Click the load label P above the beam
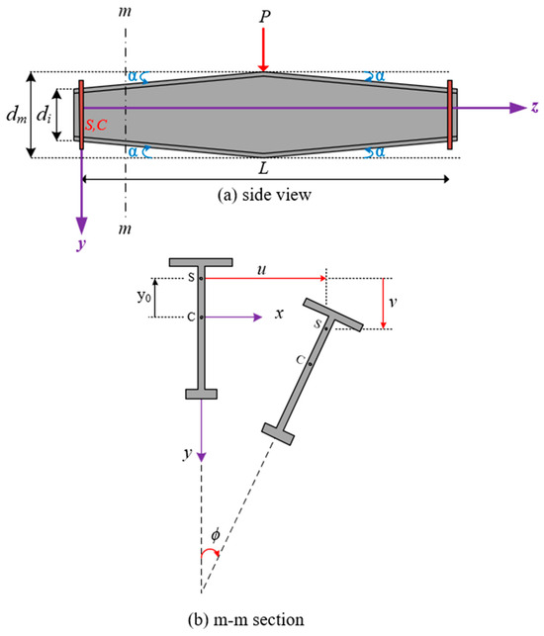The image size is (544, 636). coord(264,17)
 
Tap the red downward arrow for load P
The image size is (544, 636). coord(263,49)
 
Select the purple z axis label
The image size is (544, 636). coord(535,107)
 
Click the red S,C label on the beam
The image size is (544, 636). coord(96,125)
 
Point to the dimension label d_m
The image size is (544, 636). coord(17,115)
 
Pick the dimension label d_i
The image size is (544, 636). coord(44,115)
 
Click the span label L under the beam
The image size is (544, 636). coord(264,168)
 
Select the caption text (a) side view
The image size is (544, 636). coord(264,195)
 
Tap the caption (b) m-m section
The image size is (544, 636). coord(246,620)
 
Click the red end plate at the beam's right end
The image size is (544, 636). coord(449,115)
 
